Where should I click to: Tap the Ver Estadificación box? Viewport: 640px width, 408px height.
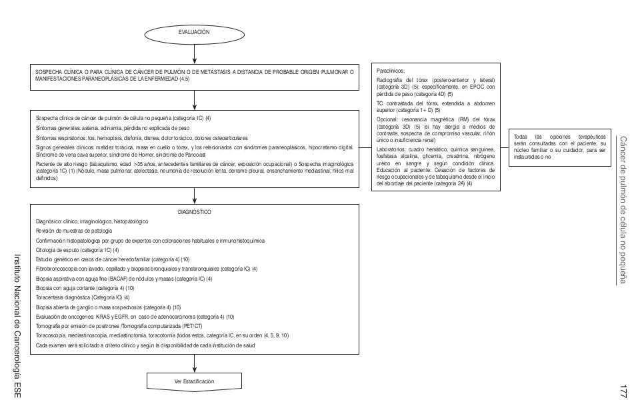pyautogui.click(x=193, y=381)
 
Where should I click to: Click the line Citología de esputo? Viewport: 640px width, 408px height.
pyautogui.click(x=77, y=249)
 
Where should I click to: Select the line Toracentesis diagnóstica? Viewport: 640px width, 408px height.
pyautogui.click(x=83, y=297)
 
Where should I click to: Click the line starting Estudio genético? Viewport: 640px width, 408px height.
pyautogui.click(x=113, y=259)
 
